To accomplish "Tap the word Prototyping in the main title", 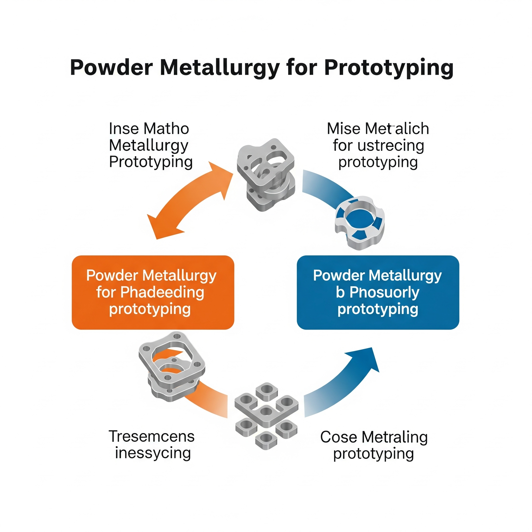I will (389, 68).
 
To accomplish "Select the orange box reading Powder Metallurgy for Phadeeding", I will (153, 292).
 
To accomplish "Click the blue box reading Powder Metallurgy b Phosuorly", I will (378, 292).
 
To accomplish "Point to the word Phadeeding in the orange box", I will (162, 292).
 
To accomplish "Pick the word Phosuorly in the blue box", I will (384, 292).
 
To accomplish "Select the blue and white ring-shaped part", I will (359, 223).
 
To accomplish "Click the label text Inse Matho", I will (149, 129).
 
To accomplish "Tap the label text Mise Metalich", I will (378, 129).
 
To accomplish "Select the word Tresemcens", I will (151, 436).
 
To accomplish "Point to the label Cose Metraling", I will (374, 437).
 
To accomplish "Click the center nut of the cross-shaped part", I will (266, 412).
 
